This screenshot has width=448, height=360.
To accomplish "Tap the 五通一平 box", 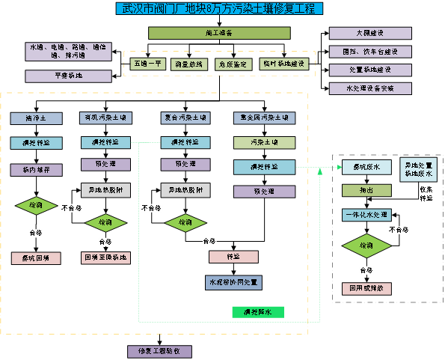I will click(x=148, y=64).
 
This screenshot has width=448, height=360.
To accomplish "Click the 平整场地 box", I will click(x=58, y=76).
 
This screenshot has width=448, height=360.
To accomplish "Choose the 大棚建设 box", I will click(x=370, y=33).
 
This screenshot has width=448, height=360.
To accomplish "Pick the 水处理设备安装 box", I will click(x=370, y=88).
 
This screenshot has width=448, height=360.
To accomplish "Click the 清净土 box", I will click(x=36, y=118).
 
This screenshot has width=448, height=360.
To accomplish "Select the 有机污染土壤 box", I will click(x=106, y=118).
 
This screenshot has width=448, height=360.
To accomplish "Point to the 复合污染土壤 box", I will click(x=185, y=118).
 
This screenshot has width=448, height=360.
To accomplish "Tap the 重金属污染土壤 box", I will click(x=264, y=118).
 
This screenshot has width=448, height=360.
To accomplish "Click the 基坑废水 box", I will click(x=366, y=167).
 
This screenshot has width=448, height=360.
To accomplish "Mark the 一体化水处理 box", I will click(x=366, y=215).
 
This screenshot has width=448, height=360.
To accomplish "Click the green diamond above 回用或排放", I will click(x=366, y=245).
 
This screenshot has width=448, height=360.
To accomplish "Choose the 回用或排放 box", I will click(x=366, y=287).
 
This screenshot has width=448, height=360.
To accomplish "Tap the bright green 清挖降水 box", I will click(x=258, y=311).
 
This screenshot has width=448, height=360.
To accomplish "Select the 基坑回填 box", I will click(x=36, y=258).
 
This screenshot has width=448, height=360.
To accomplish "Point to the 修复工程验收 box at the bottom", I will click(x=159, y=351).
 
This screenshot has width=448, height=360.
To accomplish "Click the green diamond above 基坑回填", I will click(x=37, y=204).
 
